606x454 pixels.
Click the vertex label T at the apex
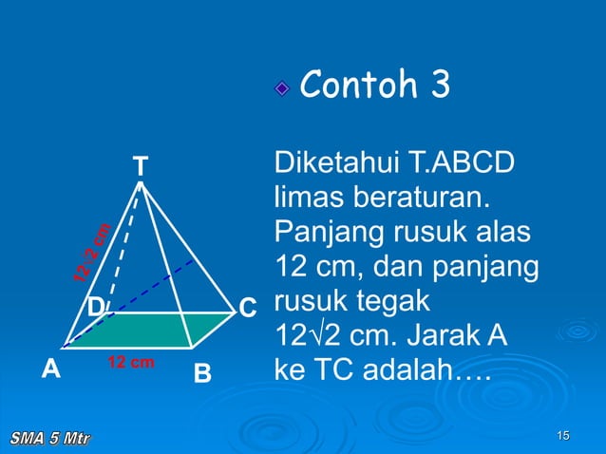(140, 166)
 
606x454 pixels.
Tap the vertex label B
(202, 373)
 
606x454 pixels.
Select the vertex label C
(247, 309)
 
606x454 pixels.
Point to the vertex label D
(96, 308)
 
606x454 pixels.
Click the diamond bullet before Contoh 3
(282, 89)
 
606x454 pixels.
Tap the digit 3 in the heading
(439, 86)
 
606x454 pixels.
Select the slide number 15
(563, 436)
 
